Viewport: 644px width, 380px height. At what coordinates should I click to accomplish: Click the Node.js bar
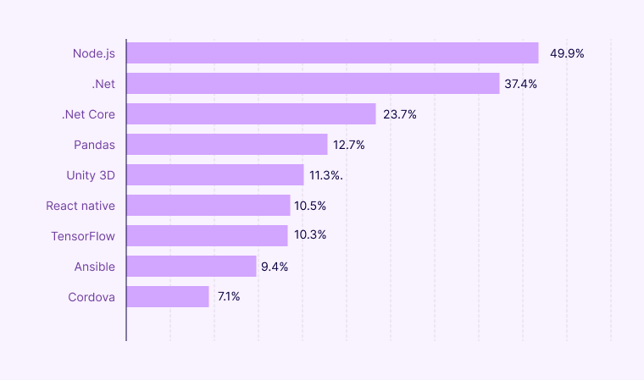[332, 53]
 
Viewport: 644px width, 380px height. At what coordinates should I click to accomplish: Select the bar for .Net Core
[251, 114]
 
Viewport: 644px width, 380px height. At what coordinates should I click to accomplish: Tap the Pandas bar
[227, 145]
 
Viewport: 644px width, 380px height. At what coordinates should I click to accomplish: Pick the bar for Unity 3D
[215, 175]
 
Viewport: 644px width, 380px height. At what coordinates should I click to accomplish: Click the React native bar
[208, 206]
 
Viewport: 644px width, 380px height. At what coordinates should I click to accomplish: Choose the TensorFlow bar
[208, 236]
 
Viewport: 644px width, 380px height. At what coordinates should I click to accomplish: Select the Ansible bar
[192, 267]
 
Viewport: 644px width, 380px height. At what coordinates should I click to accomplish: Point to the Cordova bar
[168, 297]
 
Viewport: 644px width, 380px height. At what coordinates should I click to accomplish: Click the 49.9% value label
[567, 53]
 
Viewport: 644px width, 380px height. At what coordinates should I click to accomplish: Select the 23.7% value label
[400, 114]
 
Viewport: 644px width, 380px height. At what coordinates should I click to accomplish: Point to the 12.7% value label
[349, 145]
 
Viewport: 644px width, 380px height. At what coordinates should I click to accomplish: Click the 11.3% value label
[326, 175]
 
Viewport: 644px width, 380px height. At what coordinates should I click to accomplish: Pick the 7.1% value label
[229, 297]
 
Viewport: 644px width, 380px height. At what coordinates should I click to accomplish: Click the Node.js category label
[94, 53]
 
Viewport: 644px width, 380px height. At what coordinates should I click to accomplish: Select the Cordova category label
[92, 297]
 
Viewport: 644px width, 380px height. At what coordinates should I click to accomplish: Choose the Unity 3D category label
[91, 175]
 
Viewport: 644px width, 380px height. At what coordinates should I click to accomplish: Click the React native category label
[80, 206]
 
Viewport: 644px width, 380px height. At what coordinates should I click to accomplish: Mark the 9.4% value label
[275, 267]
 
